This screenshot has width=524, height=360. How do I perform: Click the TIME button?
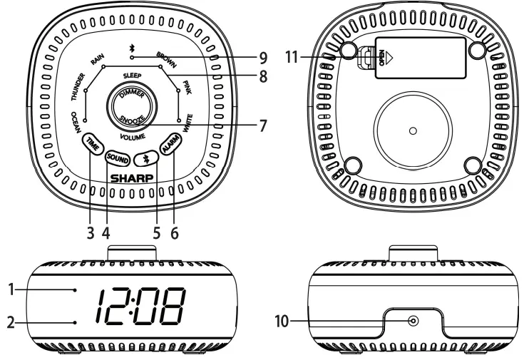tap(92, 143)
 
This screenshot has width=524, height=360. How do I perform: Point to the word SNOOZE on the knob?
tap(132, 119)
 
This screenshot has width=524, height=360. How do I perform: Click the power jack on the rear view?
tap(412, 322)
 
